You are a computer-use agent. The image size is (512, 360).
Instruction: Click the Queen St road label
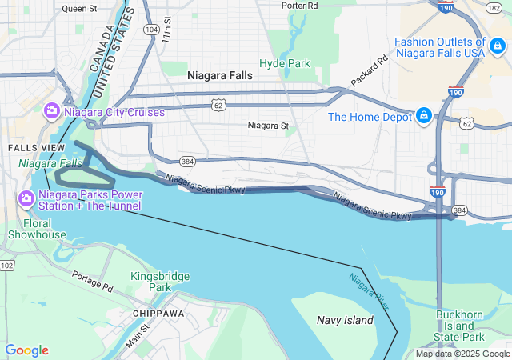pyautogui.click(x=78, y=9)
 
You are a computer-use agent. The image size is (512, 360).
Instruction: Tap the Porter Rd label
pyautogui.click(x=300, y=5)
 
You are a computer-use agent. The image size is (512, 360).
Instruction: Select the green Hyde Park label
pyautogui.click(x=284, y=62)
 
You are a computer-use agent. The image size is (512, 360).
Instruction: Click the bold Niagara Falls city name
pyautogui.click(x=219, y=75)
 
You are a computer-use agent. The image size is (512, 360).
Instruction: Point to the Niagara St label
pyautogui.click(x=267, y=126)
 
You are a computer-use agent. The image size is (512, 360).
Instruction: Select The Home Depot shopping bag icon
pyautogui.click(x=423, y=117)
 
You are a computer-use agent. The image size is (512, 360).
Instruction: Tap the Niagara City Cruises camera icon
pyautogui.click(x=53, y=110)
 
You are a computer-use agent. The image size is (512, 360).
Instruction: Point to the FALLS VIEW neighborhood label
pyautogui.click(x=30, y=148)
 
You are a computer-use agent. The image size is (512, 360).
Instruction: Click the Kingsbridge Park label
pyautogui.click(x=160, y=281)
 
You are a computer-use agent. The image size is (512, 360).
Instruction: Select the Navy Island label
pyautogui.click(x=344, y=320)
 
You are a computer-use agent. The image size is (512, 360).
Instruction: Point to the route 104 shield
pyautogui.click(x=151, y=28)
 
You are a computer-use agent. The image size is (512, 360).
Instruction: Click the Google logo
pyautogui.click(x=26, y=350)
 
